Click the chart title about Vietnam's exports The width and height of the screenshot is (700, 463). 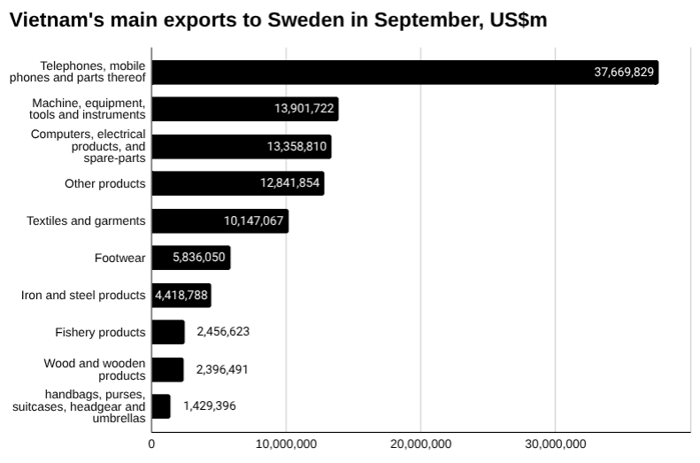tap(278, 20)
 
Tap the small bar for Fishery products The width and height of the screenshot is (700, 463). tap(168, 332)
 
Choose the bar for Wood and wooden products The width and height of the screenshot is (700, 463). tap(167, 369)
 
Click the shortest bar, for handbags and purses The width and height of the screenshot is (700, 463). tap(161, 406)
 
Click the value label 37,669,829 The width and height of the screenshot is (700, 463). tap(624, 73)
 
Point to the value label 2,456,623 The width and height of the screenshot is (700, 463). tap(223, 332)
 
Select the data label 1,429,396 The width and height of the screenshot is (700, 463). tap(210, 406)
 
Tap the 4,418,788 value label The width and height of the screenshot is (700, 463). tap(181, 295)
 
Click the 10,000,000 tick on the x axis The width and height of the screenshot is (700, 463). tap(286, 444)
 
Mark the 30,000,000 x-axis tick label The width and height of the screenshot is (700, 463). tap(555, 444)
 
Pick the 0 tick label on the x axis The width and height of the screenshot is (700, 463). tap(151, 444)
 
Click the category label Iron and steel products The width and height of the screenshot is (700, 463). tap(83, 295)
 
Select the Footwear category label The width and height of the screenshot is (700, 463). tap(119, 258)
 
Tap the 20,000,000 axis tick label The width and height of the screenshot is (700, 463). tap(420, 444)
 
